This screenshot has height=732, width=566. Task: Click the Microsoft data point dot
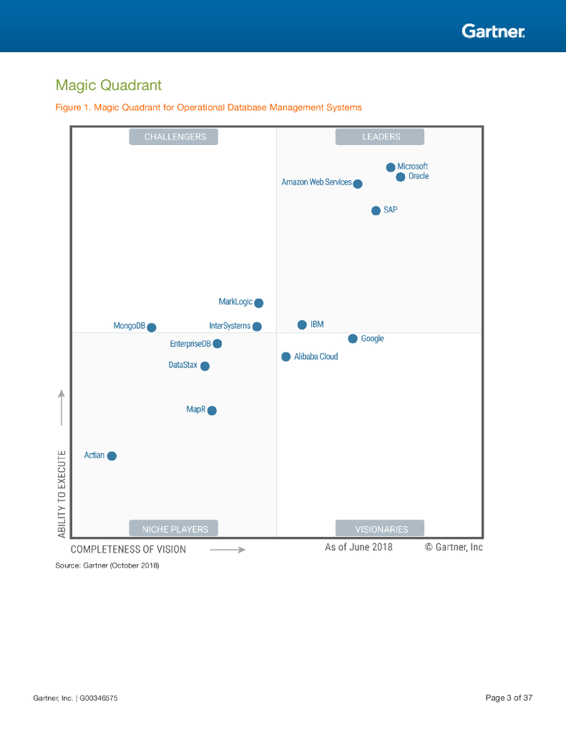point(391,167)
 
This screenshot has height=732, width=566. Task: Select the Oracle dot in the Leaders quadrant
point(401,177)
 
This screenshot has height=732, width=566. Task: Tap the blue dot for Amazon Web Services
point(358,184)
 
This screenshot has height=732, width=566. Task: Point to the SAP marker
point(376,210)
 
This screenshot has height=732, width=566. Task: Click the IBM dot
point(302,325)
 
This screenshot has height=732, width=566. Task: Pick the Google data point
point(353,338)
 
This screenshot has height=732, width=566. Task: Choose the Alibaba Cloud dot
point(286,357)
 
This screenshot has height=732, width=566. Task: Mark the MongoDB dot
point(152,327)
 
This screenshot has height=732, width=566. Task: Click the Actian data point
point(112,455)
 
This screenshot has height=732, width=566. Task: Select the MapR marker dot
point(212,410)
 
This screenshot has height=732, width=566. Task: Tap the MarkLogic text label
point(235,302)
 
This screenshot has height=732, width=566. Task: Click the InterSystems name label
point(230,326)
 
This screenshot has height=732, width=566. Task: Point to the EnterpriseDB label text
point(190,344)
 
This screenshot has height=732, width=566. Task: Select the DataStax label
point(183,365)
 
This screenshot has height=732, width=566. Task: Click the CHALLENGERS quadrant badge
point(174,137)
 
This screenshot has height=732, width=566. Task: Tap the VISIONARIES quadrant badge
point(380,529)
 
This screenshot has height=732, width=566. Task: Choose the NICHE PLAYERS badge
point(174,529)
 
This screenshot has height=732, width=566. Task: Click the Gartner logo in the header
point(493,31)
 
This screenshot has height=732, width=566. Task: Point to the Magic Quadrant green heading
point(109,86)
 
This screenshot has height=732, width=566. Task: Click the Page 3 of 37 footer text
point(509,698)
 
